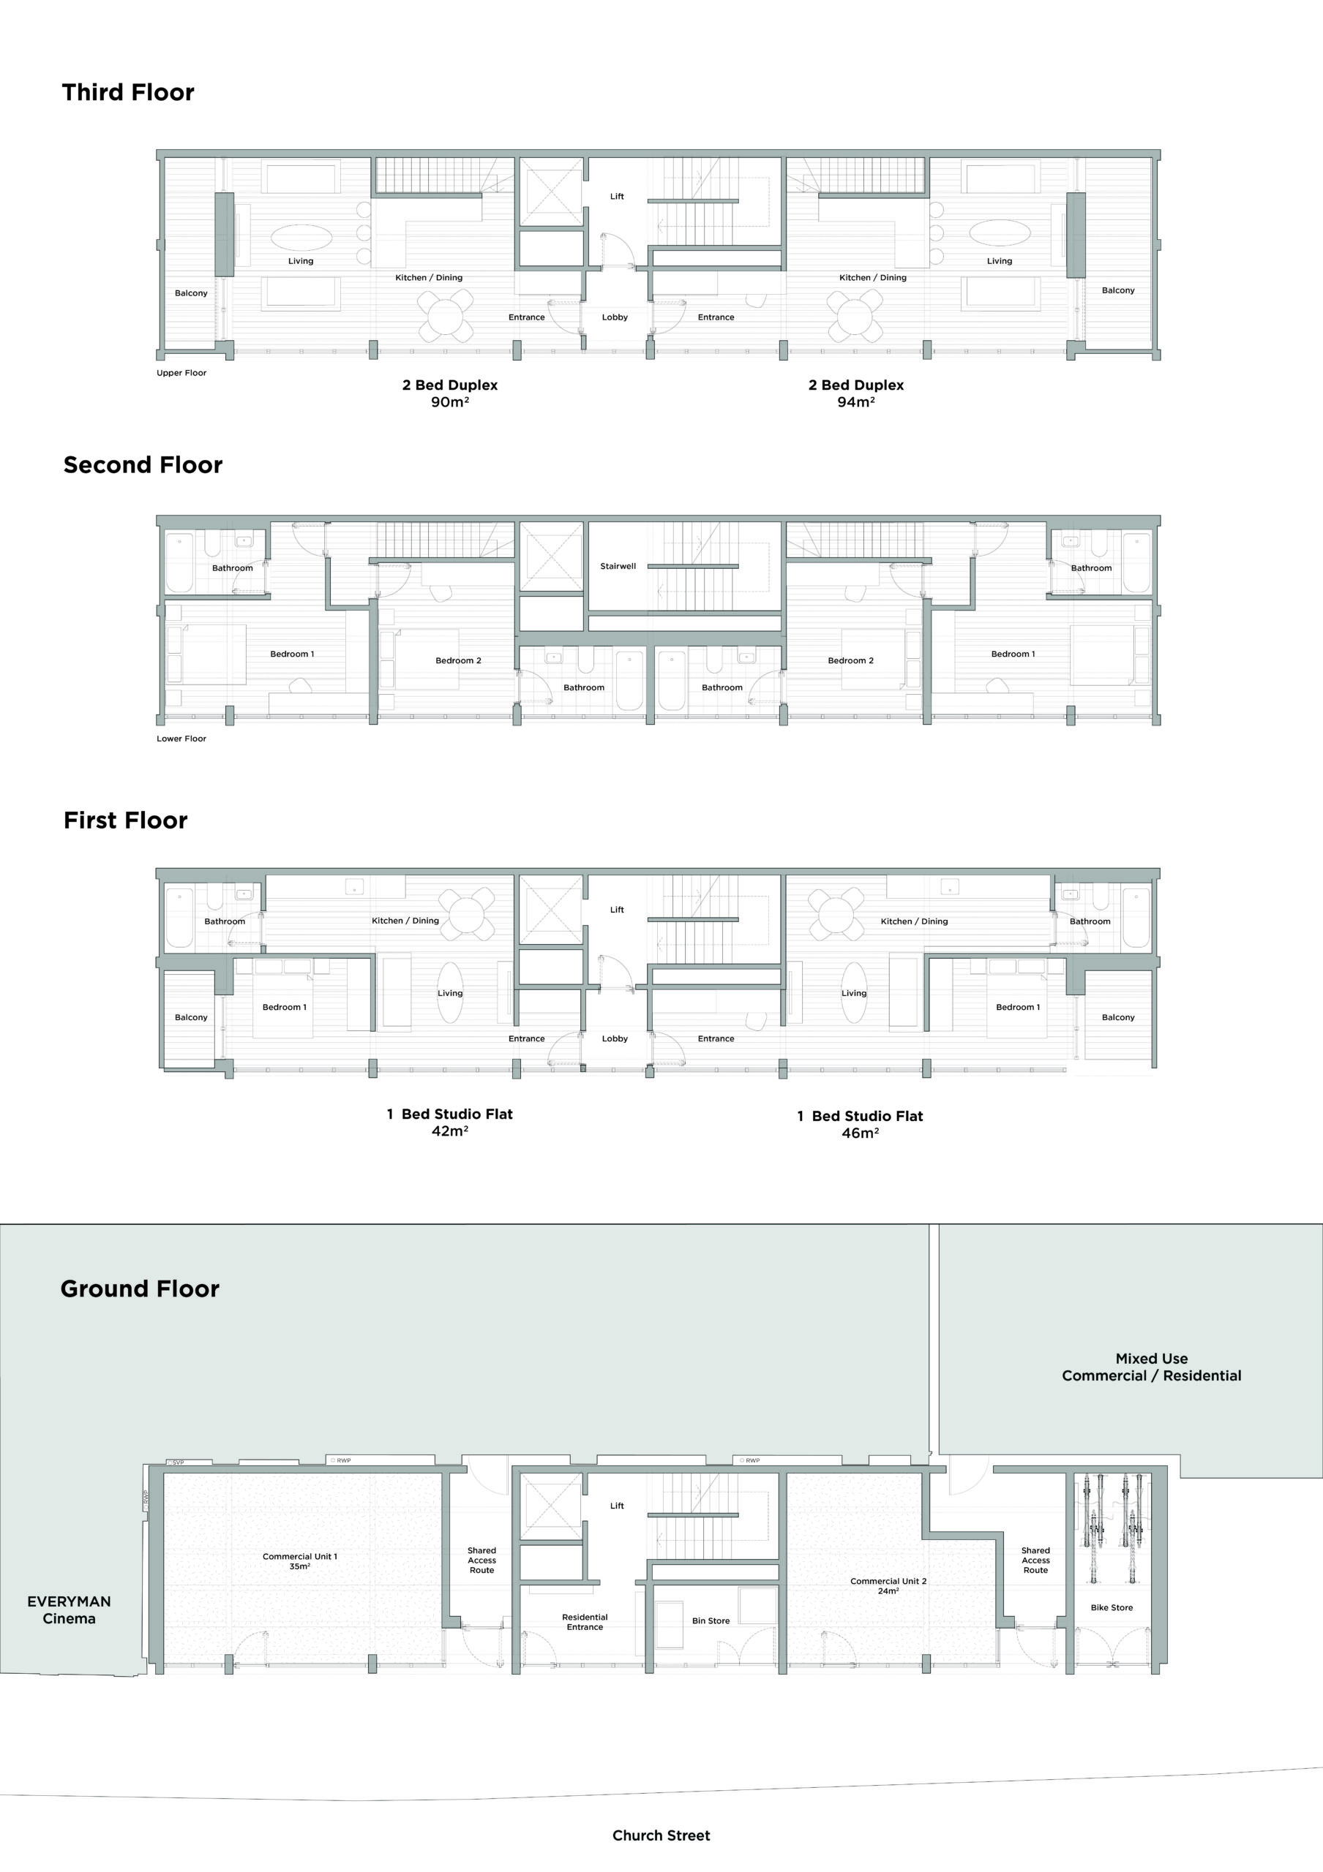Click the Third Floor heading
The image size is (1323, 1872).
[128, 92]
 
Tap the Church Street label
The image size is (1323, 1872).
[661, 1835]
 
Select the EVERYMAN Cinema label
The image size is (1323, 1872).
[70, 1609]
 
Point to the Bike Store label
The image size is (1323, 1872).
[1112, 1608]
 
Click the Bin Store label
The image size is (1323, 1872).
[711, 1621]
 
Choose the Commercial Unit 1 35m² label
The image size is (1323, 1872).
[299, 1561]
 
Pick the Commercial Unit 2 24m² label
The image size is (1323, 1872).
[888, 1586]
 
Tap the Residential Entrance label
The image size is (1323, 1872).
[585, 1622]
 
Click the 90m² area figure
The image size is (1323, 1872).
[449, 402]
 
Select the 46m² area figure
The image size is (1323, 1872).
[860, 1133]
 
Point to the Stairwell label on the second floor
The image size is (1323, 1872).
[618, 566]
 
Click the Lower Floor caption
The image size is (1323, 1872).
[181, 739]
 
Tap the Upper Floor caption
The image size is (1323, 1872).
[181, 373]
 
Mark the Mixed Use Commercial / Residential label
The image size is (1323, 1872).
[1151, 1367]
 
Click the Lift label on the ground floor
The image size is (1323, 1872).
[617, 1506]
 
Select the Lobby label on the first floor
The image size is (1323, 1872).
[614, 1038]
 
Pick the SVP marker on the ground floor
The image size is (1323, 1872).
[178, 1462]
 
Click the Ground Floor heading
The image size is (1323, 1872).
[140, 1289]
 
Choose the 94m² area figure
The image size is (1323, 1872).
[855, 402]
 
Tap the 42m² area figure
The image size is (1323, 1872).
[449, 1131]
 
